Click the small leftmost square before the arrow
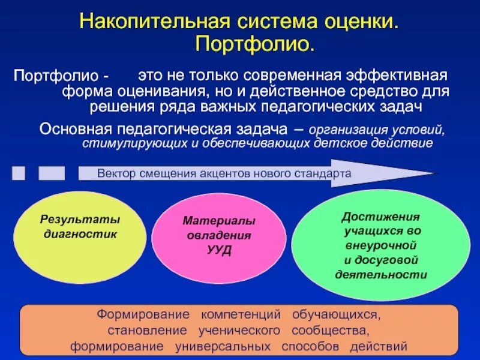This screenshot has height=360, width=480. point(19,173)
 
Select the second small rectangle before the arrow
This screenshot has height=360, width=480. point(52,173)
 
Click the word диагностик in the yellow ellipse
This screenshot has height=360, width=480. point(80,235)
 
